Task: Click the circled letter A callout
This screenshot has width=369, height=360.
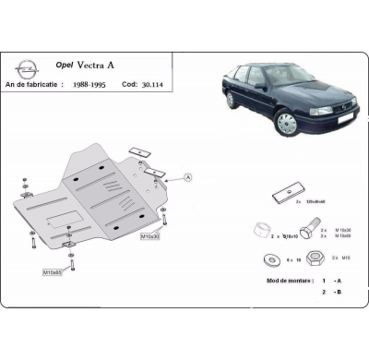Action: tap(188, 178)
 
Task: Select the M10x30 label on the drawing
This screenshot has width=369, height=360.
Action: tap(151, 237)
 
